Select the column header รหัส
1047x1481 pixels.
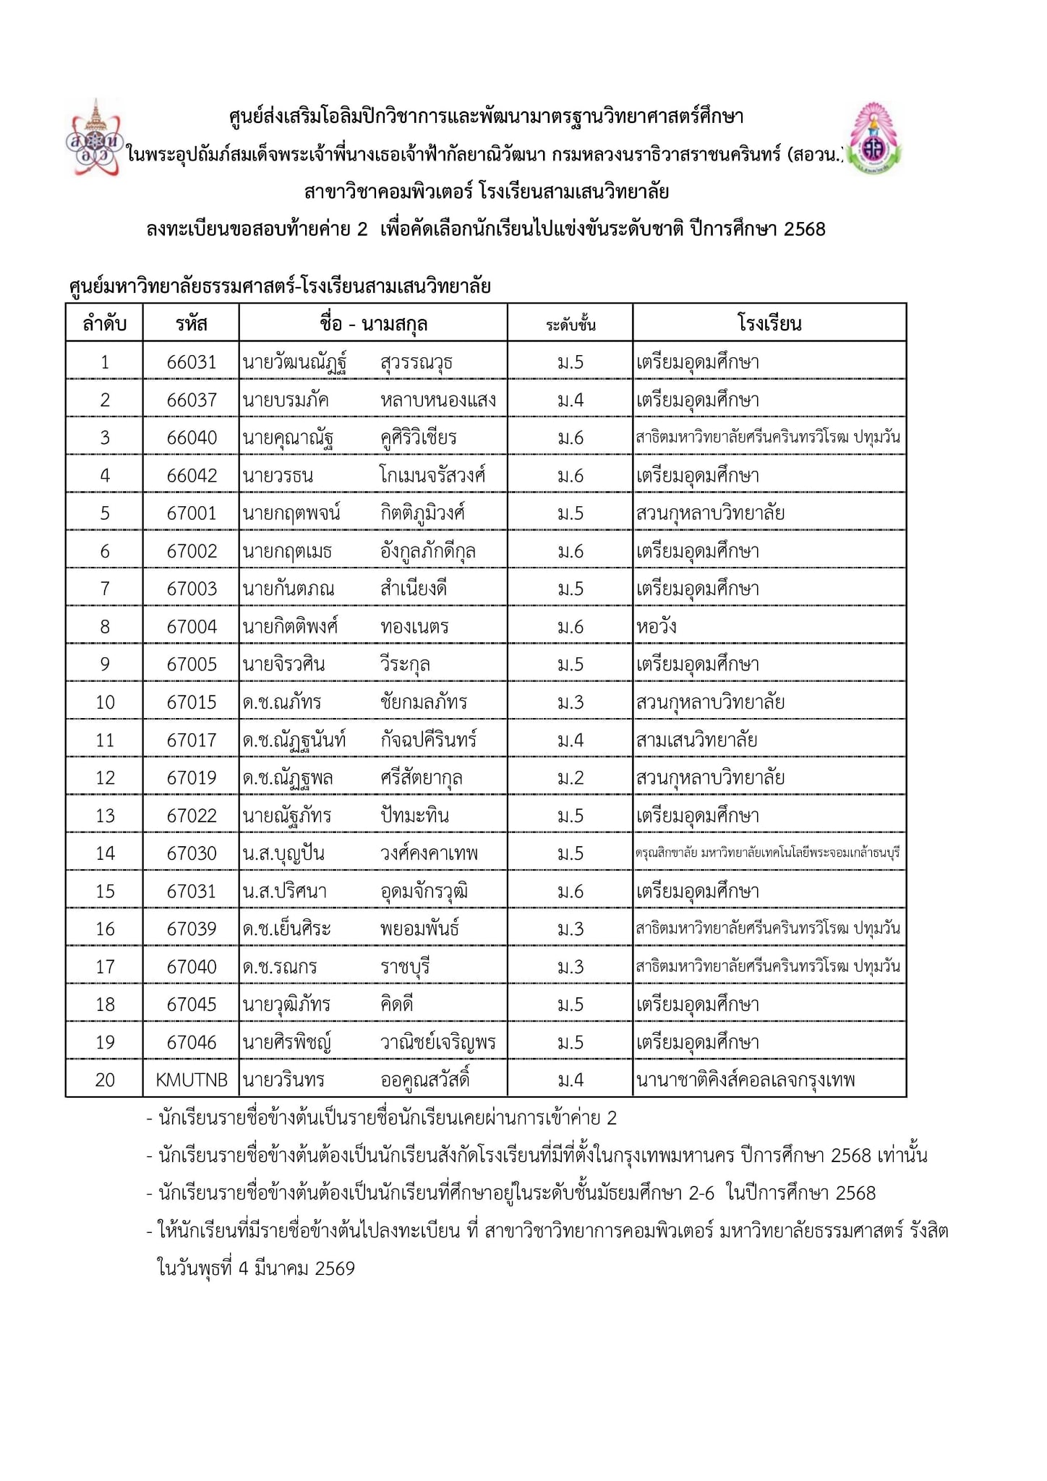click(191, 323)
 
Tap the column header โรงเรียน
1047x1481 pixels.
click(769, 323)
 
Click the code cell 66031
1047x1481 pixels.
click(191, 362)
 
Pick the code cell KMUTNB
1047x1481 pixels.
click(191, 1080)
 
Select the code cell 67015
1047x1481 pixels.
click(191, 702)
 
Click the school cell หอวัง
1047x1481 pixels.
click(657, 627)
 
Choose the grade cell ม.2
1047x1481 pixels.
click(570, 778)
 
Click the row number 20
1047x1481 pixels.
click(105, 1080)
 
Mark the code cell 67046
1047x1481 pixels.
click(191, 1043)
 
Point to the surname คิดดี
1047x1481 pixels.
click(397, 1004)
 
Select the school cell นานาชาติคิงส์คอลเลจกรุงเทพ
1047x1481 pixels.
click(745, 1080)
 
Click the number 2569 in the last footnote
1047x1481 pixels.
click(335, 1268)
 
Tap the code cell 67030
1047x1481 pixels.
click(191, 854)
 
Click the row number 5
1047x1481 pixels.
click(105, 513)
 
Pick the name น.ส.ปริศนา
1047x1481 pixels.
click(285, 892)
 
